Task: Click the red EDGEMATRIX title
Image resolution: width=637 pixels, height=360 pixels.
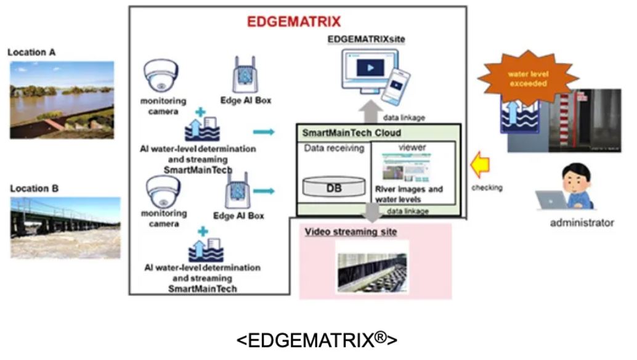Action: click(x=293, y=22)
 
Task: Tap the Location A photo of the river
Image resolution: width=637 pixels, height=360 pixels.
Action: click(x=62, y=99)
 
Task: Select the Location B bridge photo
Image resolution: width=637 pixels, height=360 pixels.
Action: click(x=65, y=227)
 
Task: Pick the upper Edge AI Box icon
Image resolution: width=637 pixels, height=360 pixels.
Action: click(x=245, y=76)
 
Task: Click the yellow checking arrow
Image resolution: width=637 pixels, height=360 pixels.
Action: click(x=481, y=166)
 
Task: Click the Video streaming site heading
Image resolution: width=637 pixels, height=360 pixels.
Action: click(x=351, y=232)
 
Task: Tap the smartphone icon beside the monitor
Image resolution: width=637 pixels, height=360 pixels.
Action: click(x=397, y=86)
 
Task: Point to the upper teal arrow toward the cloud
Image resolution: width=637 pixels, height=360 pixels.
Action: click(x=264, y=132)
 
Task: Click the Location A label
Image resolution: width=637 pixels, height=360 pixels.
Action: click(x=31, y=52)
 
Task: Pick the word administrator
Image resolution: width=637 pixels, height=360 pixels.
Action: click(x=582, y=223)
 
